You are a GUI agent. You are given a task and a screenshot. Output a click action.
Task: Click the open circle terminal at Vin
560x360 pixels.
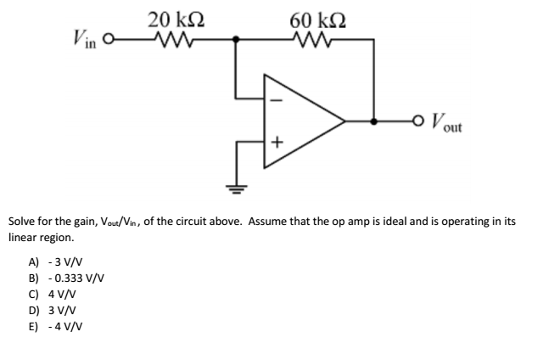(120, 38)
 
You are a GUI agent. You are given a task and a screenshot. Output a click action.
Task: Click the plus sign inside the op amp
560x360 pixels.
(277, 142)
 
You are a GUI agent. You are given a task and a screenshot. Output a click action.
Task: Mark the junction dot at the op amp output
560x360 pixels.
(372, 121)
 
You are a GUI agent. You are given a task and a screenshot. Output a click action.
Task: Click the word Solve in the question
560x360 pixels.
(22, 221)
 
